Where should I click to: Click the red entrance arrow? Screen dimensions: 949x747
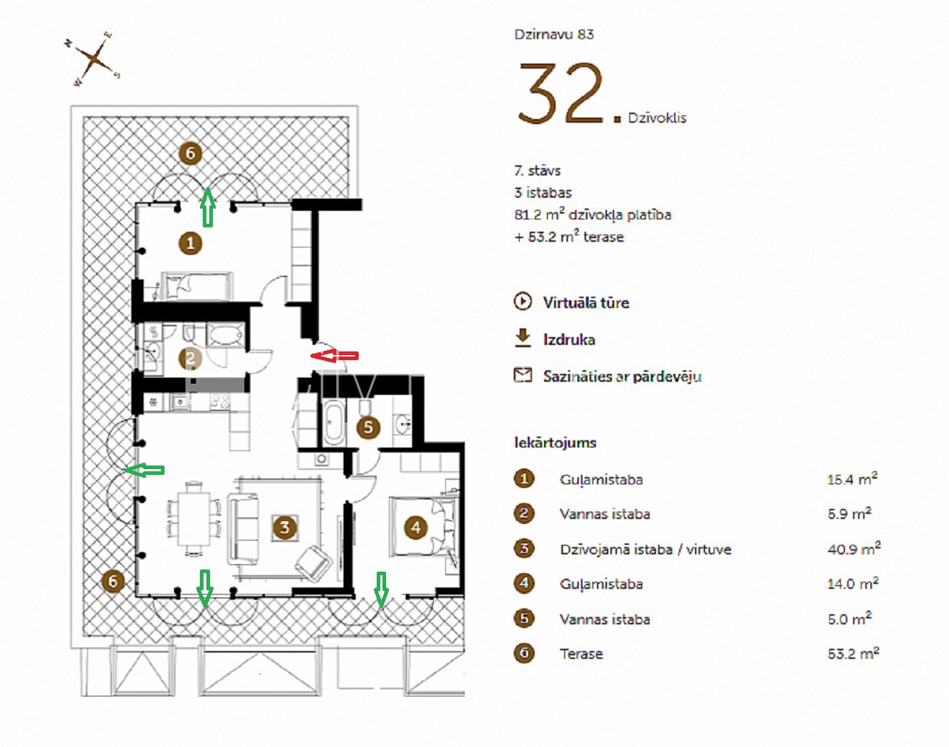335,355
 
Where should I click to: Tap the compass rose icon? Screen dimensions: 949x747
94,58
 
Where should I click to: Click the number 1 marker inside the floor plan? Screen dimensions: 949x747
191,243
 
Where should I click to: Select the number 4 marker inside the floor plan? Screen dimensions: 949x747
416,528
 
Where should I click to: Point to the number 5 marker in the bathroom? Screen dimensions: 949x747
368,427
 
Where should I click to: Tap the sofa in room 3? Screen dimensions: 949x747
243,529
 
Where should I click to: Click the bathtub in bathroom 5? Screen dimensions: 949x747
334,423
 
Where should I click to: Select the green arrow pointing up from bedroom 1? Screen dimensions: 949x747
208,207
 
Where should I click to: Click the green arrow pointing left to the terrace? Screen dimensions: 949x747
144,471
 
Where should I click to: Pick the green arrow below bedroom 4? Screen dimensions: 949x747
381,590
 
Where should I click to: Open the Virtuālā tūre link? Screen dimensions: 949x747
586,303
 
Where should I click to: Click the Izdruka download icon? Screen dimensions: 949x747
522,338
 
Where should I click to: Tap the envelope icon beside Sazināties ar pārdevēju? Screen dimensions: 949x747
522,375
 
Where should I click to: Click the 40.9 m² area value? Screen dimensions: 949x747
854,549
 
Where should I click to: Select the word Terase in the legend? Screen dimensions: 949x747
581,653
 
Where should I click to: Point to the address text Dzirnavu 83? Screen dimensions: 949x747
554,35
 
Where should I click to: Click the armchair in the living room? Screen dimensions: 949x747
313,563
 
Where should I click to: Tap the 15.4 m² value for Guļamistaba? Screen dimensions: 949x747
852,479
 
